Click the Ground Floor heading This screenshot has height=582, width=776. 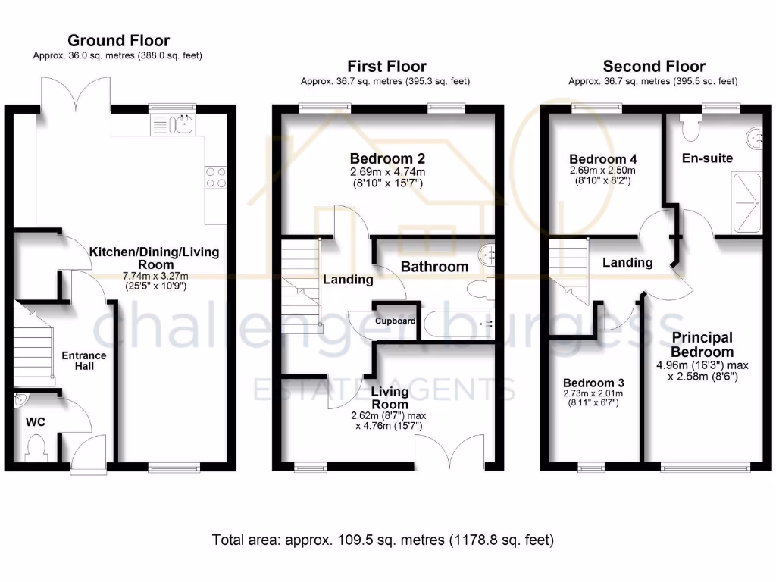[x=118, y=40]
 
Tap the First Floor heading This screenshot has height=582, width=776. [x=386, y=66]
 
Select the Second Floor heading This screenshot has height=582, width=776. [x=653, y=66]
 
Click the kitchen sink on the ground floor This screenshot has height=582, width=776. [x=174, y=124]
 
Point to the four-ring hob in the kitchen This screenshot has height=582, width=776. [x=215, y=177]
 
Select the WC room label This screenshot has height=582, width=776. [x=36, y=421]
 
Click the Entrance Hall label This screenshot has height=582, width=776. [x=83, y=361]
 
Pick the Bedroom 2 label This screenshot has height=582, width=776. [x=386, y=158]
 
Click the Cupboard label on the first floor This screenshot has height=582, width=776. [x=395, y=321]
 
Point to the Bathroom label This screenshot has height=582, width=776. [x=434, y=267]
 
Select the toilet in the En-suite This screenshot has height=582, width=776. [x=690, y=127]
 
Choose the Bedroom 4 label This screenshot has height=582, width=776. [x=603, y=159]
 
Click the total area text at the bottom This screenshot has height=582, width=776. [x=383, y=540]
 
